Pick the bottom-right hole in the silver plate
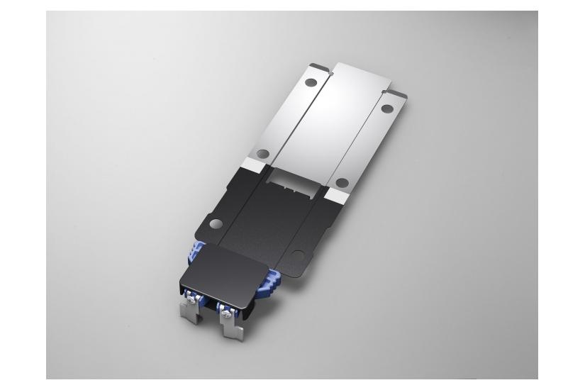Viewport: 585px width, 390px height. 342,182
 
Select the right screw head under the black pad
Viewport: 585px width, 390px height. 225,310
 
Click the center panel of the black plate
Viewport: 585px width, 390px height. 270,220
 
